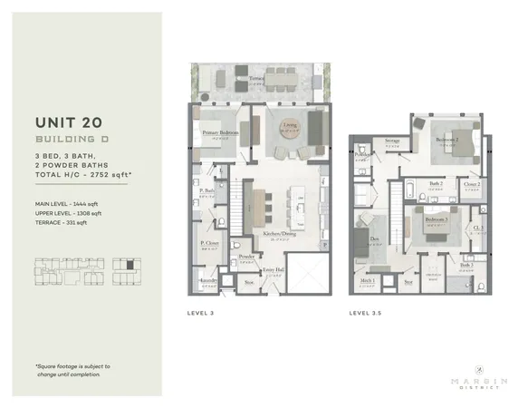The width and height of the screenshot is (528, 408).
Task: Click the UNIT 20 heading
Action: coord(73,121)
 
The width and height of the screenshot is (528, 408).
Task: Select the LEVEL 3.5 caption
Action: coord(368,313)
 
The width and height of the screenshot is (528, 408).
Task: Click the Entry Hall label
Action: coord(272,270)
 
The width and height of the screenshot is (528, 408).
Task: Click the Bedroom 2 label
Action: coord(445,140)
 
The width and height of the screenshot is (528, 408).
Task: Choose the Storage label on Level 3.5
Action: coord(391,141)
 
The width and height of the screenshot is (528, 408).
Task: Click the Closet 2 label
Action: coord(471,184)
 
